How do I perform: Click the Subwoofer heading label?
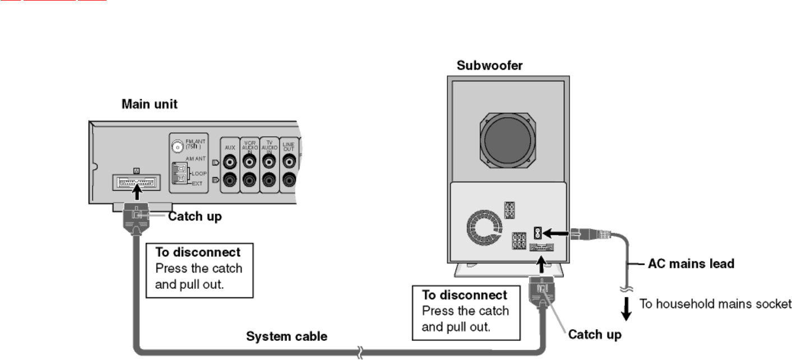pos(489,66)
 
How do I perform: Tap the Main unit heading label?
pos(149,105)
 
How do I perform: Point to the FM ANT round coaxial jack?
pos(177,147)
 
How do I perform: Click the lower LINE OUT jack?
pos(289,180)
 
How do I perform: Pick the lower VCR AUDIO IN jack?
pos(249,180)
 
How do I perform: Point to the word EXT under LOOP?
pos(198,183)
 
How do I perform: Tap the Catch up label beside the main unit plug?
pos(195,216)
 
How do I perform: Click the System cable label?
pos(287,337)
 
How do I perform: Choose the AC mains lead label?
pos(691,263)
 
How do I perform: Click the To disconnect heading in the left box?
pos(198,252)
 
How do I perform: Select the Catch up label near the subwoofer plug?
pos(595,335)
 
